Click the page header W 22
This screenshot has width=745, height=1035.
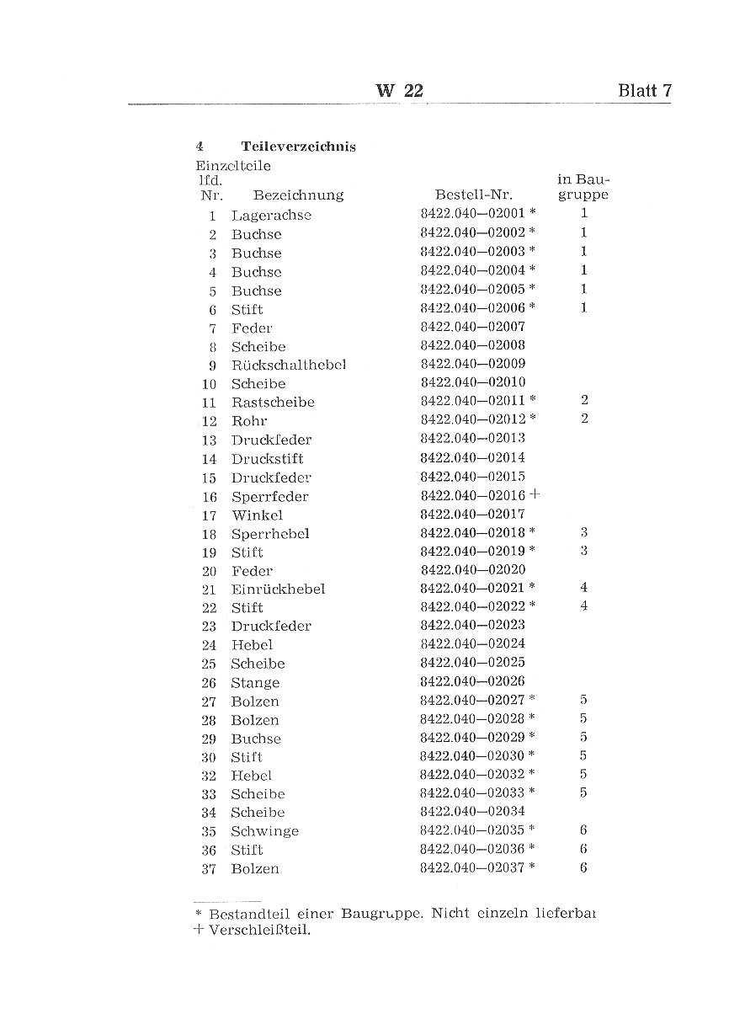click(399, 91)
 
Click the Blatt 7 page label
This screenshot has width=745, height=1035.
click(644, 91)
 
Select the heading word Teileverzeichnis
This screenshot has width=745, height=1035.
click(298, 147)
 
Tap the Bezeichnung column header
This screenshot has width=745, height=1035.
click(298, 195)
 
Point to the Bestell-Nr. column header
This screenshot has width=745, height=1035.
click(473, 195)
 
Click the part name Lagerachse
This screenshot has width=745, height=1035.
click(271, 216)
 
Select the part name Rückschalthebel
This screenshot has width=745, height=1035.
click(289, 365)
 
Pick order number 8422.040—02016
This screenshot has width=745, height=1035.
click(472, 495)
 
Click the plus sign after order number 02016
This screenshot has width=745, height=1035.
click(535, 495)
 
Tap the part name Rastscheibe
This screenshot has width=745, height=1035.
click(273, 403)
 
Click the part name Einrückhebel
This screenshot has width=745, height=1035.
click(278, 589)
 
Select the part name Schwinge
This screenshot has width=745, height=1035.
click(264, 831)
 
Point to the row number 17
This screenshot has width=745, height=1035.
click(209, 515)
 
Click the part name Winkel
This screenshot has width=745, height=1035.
click(257, 515)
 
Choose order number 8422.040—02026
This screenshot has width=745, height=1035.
click(472, 681)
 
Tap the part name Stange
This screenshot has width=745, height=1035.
click(255, 683)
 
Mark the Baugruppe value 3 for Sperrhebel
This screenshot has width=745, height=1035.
click(583, 533)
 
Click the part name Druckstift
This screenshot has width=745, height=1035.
click(267, 459)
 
